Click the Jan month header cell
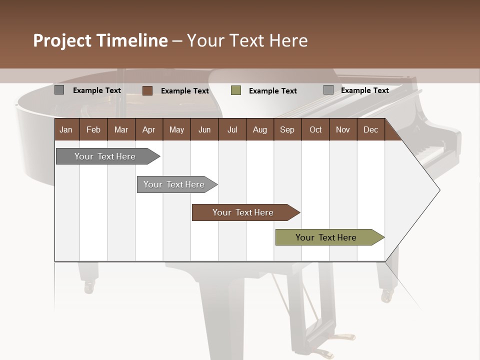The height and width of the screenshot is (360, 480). click(x=66, y=129)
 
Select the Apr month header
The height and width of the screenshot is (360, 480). click(x=149, y=129)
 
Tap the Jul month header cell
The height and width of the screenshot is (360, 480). click(x=232, y=129)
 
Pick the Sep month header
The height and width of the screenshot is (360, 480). click(x=287, y=129)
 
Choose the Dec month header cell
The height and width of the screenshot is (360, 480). click(x=370, y=129)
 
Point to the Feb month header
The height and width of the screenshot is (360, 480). click(x=93, y=129)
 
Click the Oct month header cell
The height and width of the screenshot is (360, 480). click(x=315, y=129)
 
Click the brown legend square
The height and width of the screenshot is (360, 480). click(x=147, y=90)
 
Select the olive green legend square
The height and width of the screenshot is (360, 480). click(x=236, y=90)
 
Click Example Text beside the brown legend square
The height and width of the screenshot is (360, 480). click(x=184, y=91)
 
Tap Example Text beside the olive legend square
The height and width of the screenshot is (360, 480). click(x=272, y=91)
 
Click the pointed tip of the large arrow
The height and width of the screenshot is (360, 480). click(x=438, y=190)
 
